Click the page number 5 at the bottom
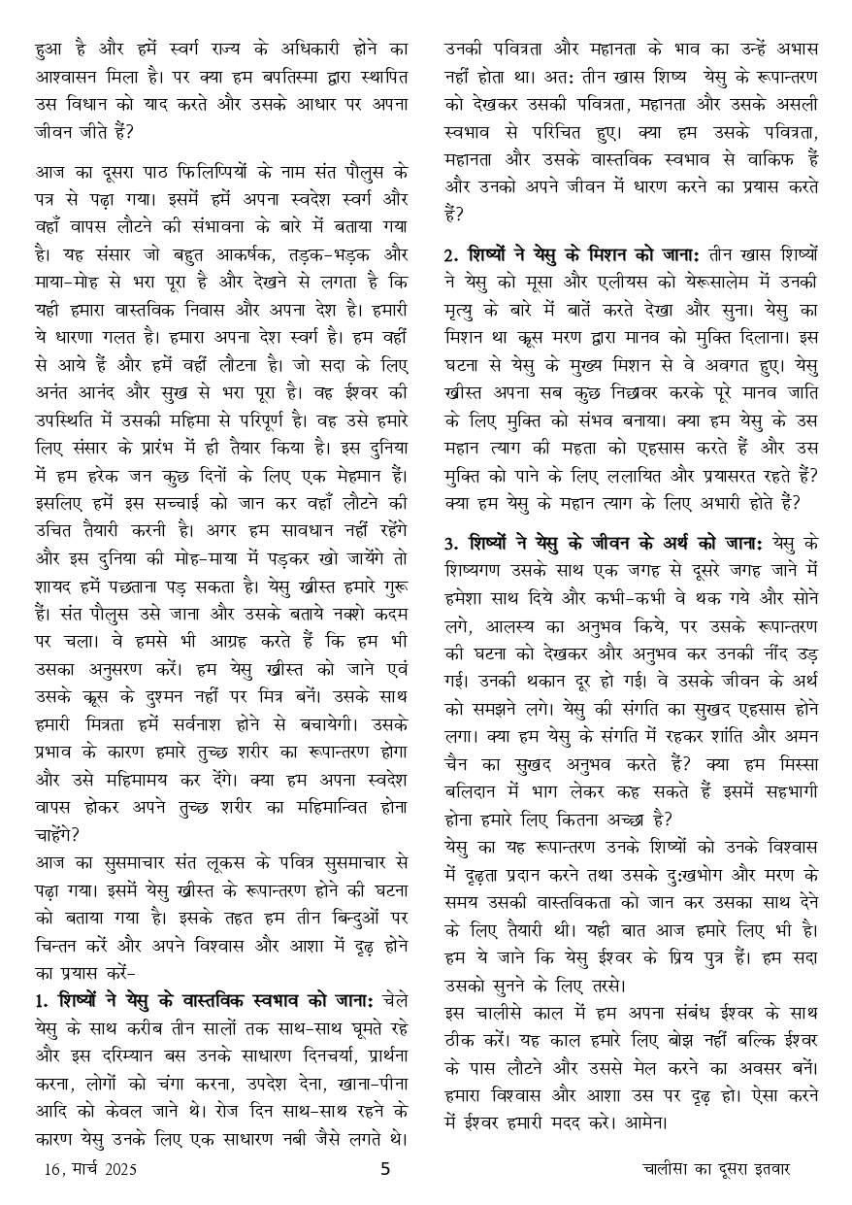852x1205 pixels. pos(384,1169)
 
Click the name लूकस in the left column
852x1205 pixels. pos(216,863)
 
